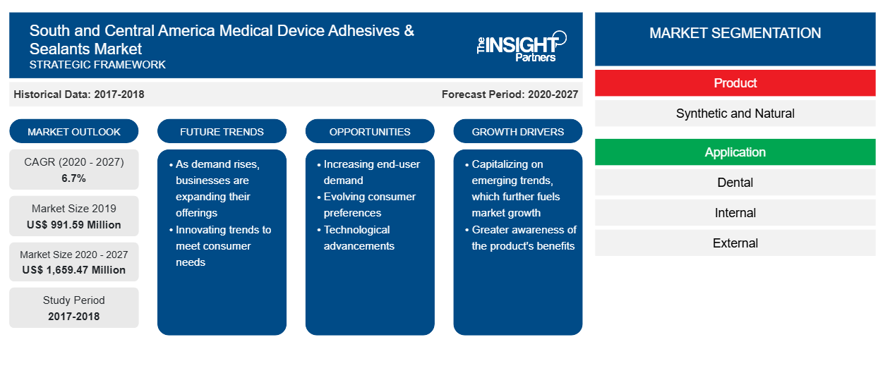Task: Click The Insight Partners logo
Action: pyautogui.click(x=522, y=47)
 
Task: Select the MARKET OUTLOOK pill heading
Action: pyautogui.click(x=74, y=131)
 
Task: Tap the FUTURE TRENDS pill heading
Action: pyautogui.click(x=222, y=131)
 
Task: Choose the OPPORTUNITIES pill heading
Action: pyautogui.click(x=370, y=131)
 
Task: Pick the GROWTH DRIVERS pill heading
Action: pyautogui.click(x=518, y=131)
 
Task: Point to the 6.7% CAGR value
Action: pyautogui.click(x=73, y=178)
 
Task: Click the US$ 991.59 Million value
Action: pyautogui.click(x=74, y=225)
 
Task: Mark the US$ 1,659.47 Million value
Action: pyautogui.click(x=74, y=270)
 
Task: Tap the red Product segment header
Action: pyautogui.click(x=735, y=83)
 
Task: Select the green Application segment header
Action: pyautogui.click(x=735, y=152)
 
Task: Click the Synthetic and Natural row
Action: pyautogui.click(x=735, y=114)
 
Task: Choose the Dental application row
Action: pyautogui.click(x=735, y=183)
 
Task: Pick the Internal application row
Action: pyautogui.click(x=735, y=213)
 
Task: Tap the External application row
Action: pyautogui.click(x=735, y=243)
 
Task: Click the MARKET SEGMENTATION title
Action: pyautogui.click(x=735, y=32)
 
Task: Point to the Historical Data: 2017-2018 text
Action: pyautogui.click(x=79, y=94)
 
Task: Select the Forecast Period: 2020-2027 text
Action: pyautogui.click(x=510, y=94)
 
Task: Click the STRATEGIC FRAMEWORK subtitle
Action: pyautogui.click(x=97, y=64)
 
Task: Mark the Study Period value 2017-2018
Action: pyautogui.click(x=74, y=317)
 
